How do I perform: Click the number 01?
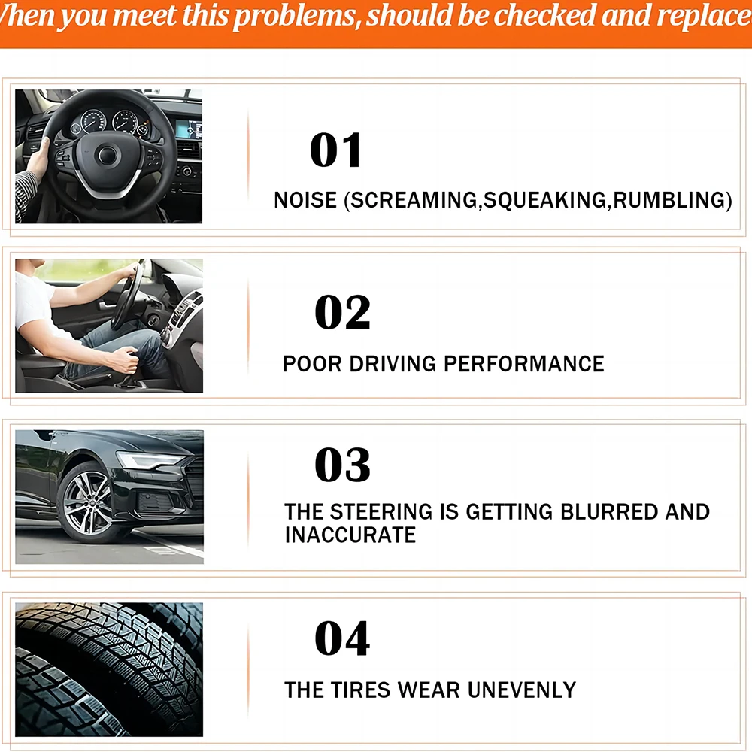[336, 150]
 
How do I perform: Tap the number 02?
[342, 313]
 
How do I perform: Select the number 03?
[342, 465]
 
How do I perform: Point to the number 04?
[342, 639]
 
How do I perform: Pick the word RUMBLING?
[669, 201]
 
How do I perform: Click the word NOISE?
[305, 201]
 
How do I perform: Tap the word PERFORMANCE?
[523, 364]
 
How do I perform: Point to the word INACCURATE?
[350, 535]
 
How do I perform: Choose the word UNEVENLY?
[523, 690]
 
